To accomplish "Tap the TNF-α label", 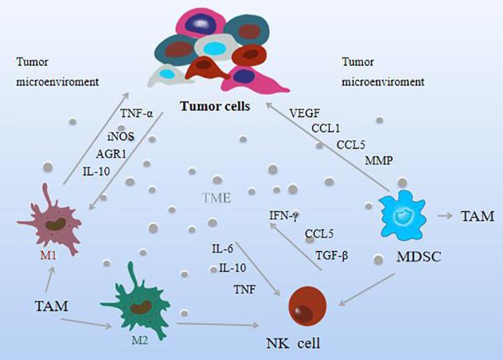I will coord(140,114).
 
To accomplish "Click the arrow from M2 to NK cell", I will coord(219,325).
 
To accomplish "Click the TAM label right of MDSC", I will coord(477,217).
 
